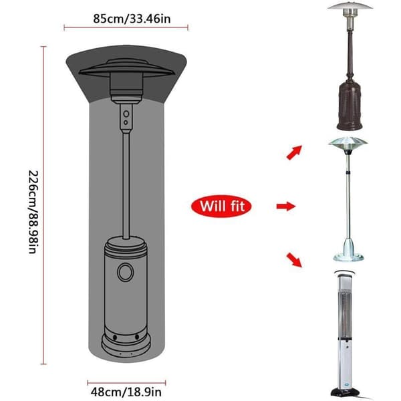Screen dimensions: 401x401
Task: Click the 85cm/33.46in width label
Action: point(132,19)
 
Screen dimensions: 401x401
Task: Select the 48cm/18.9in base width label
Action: point(126,392)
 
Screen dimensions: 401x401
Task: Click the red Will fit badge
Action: point(221,206)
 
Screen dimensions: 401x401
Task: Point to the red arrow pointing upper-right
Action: point(294,152)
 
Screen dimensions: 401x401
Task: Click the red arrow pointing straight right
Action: point(286,206)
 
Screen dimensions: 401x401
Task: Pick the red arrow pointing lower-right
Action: point(294,260)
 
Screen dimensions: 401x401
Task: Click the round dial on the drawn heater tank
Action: point(126,272)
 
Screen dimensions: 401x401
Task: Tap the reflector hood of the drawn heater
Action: point(126,69)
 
